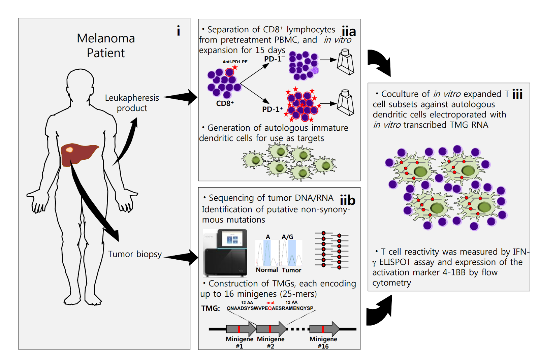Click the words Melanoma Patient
pyautogui.click(x=106, y=45)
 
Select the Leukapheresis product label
pyautogui.click(x=132, y=103)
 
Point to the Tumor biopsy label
pyautogui.click(x=135, y=254)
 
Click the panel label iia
pyautogui.click(x=349, y=32)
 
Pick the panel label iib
pyautogui.click(x=347, y=200)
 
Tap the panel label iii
pyautogui.click(x=517, y=94)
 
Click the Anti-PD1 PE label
pyautogui.click(x=235, y=62)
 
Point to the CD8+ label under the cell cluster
pyautogui.click(x=225, y=103)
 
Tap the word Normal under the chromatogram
pyautogui.click(x=266, y=270)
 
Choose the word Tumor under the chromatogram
pyautogui.click(x=291, y=270)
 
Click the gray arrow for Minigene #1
pyautogui.click(x=241, y=329)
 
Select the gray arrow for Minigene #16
pyautogui.click(x=324, y=329)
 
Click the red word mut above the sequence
pyautogui.click(x=271, y=302)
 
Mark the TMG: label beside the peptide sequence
pyautogui.click(x=211, y=308)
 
